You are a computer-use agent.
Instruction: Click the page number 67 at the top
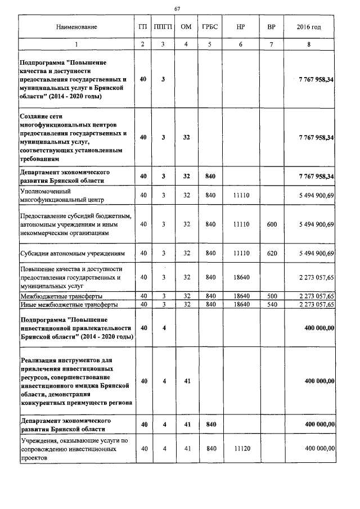(178, 8)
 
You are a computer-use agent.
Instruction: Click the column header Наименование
(76, 27)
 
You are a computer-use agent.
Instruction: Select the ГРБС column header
(211, 27)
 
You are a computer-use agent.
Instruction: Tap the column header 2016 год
(309, 27)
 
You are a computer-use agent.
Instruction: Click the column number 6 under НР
(241, 44)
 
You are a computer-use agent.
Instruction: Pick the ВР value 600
(272, 224)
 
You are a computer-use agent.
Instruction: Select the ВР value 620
(272, 253)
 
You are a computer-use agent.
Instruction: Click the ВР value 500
(272, 295)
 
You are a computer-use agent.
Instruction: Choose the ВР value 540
(272, 304)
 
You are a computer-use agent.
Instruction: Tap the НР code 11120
(241, 448)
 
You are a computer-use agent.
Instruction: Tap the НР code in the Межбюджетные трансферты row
(241, 295)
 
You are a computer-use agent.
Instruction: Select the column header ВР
(272, 27)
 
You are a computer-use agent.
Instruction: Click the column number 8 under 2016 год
(309, 44)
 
